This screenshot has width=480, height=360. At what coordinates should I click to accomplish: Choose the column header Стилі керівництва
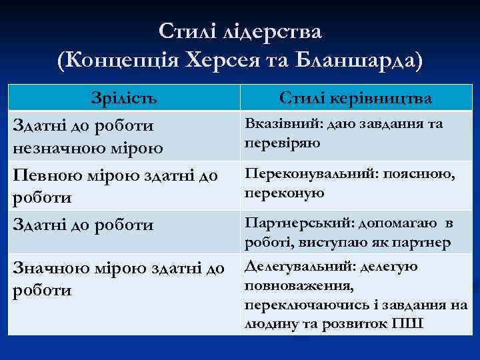355,99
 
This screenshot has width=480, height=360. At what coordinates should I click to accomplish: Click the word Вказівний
275,125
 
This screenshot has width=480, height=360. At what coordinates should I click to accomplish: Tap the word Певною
43,177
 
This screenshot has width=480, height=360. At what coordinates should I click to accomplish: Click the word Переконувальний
301,174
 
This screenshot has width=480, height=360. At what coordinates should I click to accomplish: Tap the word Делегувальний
298,267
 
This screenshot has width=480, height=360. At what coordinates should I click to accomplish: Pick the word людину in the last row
267,323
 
